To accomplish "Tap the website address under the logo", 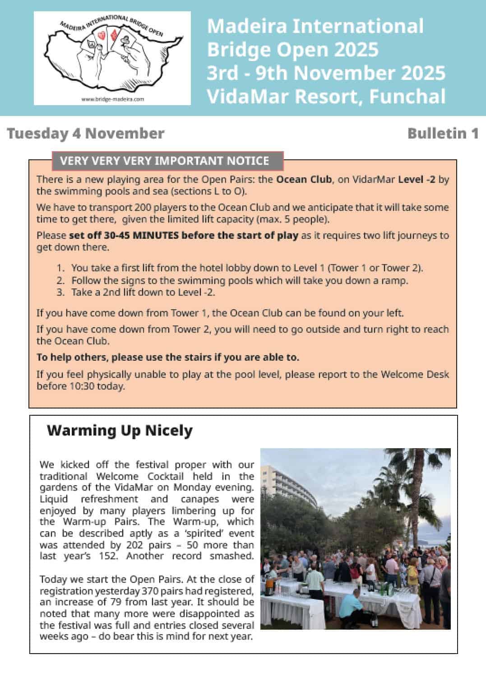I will click(112, 99).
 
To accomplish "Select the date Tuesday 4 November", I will click(86, 134).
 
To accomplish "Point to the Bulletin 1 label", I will click(443, 134).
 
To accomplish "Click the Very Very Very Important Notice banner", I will click(167, 161).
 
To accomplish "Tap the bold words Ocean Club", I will click(304, 180).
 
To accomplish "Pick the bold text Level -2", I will click(417, 180).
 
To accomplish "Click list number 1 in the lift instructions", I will click(60, 268).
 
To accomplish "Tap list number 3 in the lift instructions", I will click(60, 292).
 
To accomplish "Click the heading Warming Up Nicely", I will click(120, 431).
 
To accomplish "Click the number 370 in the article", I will click(150, 591).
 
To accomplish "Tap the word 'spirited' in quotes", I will click(203, 534).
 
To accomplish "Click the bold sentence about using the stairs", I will click(168, 357).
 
